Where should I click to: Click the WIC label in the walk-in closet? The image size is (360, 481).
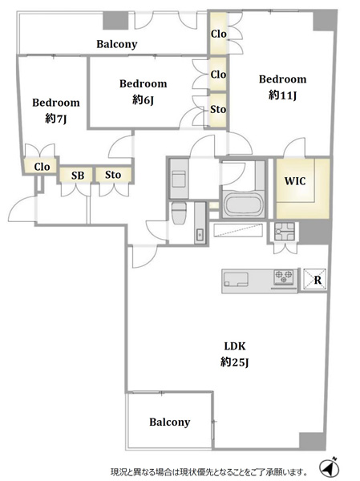[295, 181]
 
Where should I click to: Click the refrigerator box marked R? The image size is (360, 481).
[314, 280]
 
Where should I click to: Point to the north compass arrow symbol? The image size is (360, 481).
[329, 468]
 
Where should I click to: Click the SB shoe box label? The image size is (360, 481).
[78, 176]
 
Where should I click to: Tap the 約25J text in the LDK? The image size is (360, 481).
[234, 362]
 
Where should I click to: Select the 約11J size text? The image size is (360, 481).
[282, 95]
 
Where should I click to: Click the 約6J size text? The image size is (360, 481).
[143, 99]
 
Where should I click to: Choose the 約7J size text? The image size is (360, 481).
[55, 119]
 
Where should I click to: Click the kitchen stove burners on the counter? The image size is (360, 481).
[284, 277]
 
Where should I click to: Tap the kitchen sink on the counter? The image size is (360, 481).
[236, 279]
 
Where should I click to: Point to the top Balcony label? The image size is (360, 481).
[116, 44]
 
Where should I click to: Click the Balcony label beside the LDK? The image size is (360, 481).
[170, 422]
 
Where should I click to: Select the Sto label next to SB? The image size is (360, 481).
[113, 175]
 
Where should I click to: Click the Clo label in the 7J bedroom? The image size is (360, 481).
[42, 167]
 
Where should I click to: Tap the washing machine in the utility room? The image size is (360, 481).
[178, 179]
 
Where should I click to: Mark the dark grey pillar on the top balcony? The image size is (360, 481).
[115, 21]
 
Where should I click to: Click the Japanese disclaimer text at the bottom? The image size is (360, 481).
[209, 471]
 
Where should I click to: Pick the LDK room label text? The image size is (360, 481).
[235, 346]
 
